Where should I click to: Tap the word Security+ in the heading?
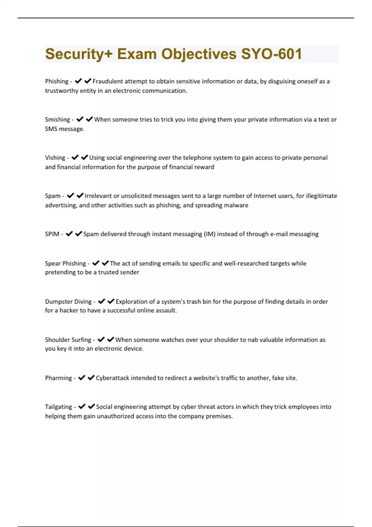pos(79,54)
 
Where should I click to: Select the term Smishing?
pos(57,120)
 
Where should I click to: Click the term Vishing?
pos(55,158)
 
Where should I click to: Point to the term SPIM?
pos(52,234)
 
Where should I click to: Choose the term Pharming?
pos(58,378)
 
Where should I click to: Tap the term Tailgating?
pos(58,407)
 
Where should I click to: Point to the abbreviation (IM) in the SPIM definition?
pos(210,234)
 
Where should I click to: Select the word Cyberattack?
pos(112,378)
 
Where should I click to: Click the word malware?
pos(236,205)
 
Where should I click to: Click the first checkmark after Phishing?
pos(78,81)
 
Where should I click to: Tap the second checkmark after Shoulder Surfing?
pos(111,339)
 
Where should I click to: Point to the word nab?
pos(253,340)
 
